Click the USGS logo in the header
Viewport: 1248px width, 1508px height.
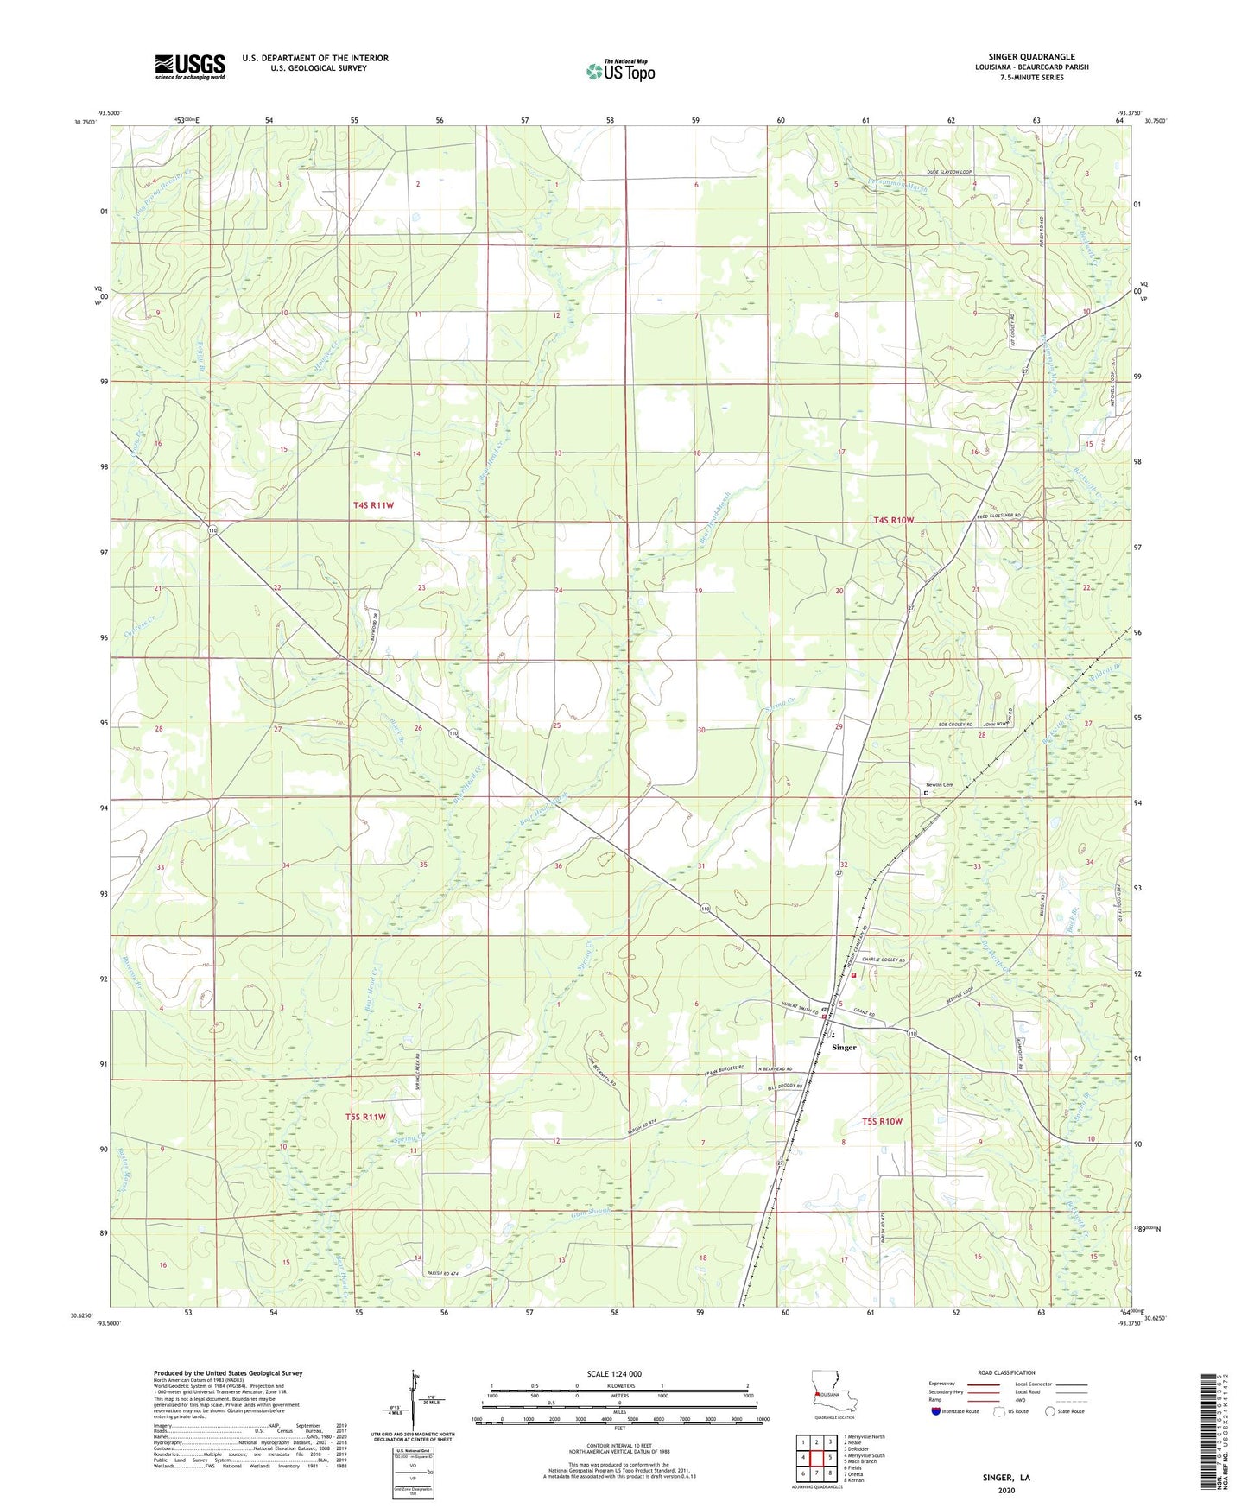[190, 66]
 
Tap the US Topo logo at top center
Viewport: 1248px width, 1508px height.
[619, 71]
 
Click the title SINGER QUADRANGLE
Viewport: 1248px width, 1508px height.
[1031, 57]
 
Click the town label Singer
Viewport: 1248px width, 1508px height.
[844, 1047]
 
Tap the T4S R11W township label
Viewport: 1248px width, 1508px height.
[373, 505]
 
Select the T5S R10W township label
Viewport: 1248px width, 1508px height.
[882, 1121]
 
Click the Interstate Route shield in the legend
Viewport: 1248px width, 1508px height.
[936, 1411]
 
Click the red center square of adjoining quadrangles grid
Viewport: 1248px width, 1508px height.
[816, 1456]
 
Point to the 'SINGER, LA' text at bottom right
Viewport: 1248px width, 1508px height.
[1006, 1477]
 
